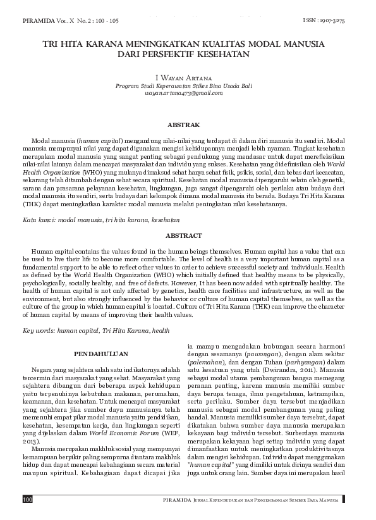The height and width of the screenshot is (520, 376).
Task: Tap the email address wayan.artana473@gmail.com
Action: [x=188, y=93]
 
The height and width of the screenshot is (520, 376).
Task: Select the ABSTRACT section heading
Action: [x=188, y=235]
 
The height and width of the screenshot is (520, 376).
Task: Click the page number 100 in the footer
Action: [x=27, y=500]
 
